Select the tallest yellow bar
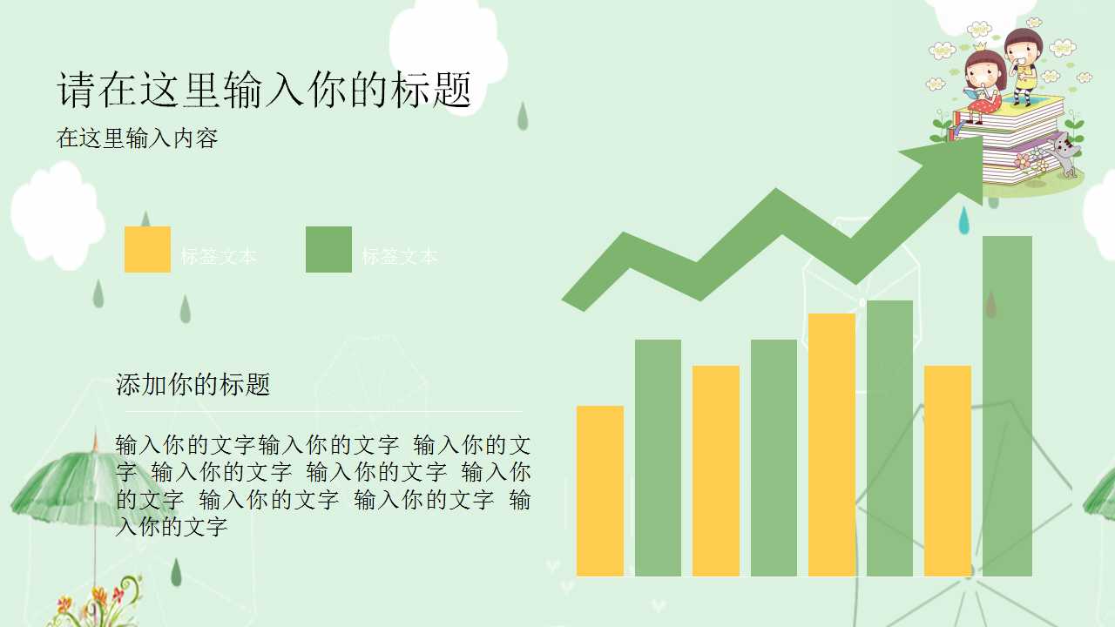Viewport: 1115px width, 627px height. [x=832, y=444]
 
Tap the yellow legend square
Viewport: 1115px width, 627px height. [x=147, y=249]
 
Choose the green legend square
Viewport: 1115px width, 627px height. [x=328, y=249]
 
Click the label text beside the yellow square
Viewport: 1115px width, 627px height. [x=219, y=256]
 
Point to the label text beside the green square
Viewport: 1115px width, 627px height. [x=400, y=256]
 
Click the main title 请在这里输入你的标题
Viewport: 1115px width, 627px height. [x=265, y=91]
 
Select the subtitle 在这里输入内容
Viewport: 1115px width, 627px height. [x=137, y=138]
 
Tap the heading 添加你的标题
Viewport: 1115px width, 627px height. [x=193, y=384]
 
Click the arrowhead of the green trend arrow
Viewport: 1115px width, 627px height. [x=950, y=158]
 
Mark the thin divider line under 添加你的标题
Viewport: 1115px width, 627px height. [x=322, y=411]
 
